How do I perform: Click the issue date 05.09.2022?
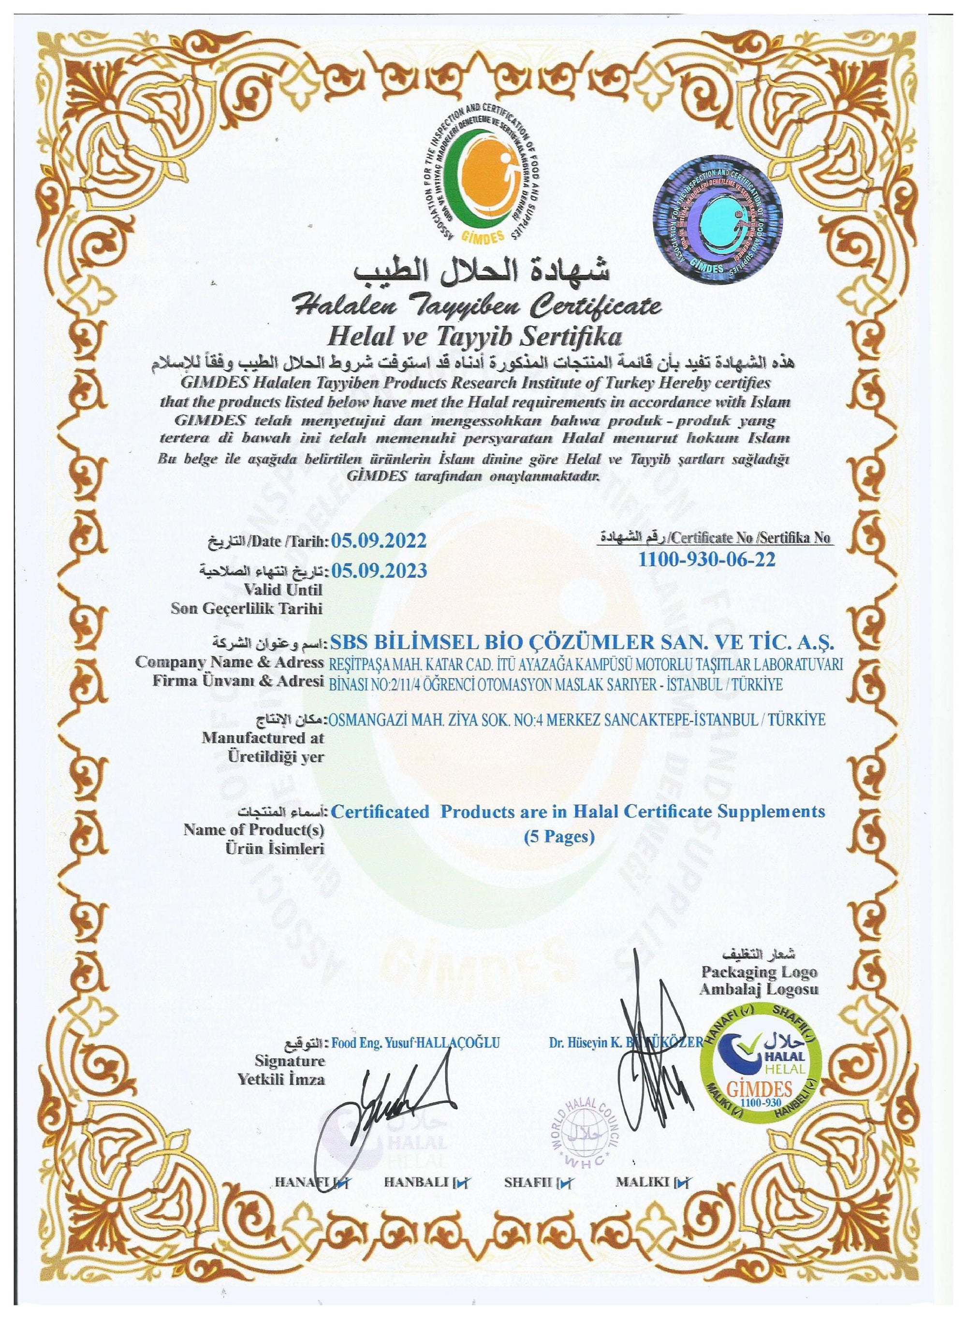click(x=379, y=541)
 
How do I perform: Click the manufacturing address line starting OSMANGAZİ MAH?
click(x=578, y=720)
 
